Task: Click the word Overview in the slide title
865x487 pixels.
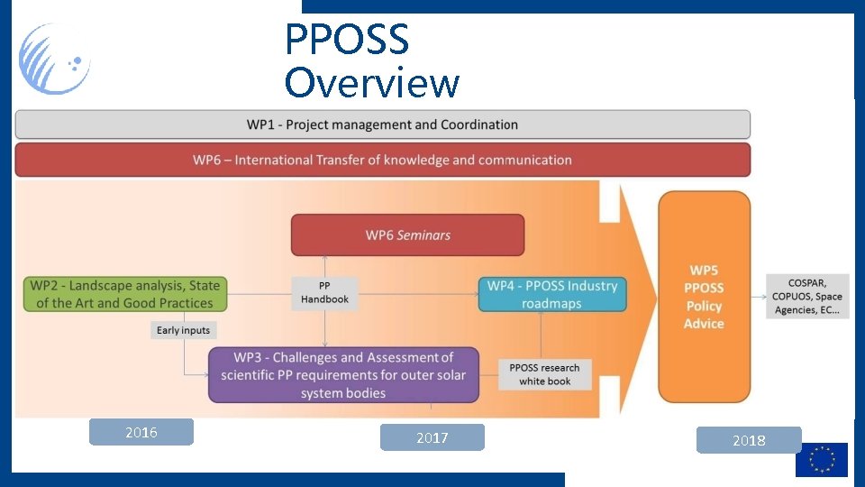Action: tap(371, 83)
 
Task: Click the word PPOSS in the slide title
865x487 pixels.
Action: tap(347, 40)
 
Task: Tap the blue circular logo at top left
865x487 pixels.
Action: tap(55, 60)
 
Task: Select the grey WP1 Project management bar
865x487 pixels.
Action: tap(382, 124)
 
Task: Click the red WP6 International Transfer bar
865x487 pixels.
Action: tap(382, 160)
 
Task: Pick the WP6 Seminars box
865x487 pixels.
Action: tap(407, 235)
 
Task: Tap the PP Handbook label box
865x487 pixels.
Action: tap(324, 293)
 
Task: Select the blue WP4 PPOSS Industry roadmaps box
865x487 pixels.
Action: tap(551, 295)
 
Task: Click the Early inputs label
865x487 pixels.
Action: tap(183, 330)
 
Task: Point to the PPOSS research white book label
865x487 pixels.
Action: tap(545, 374)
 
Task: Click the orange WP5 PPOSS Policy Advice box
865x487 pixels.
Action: tap(704, 297)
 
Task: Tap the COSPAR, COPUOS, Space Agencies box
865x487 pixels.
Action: tap(806, 297)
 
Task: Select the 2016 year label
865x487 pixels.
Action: tap(141, 432)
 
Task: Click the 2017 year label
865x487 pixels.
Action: tap(432, 437)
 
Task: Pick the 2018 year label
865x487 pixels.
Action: tap(748, 440)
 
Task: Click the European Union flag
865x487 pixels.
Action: tap(821, 459)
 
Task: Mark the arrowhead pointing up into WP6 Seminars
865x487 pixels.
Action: tap(325, 260)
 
